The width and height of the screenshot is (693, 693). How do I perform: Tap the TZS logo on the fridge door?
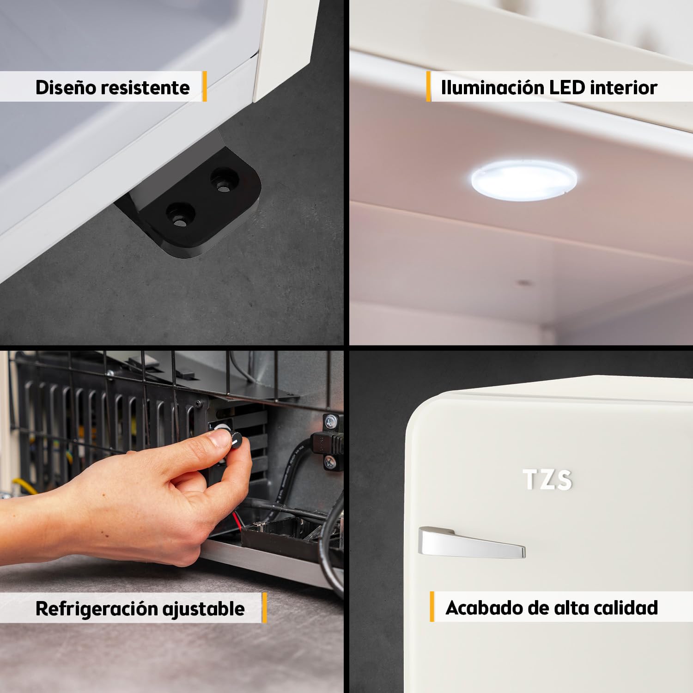point(547,480)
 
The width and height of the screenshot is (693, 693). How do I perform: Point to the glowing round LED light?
point(524,180)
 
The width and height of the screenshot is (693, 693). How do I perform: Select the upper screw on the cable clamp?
point(331,421)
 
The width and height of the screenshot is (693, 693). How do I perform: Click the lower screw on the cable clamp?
point(331,461)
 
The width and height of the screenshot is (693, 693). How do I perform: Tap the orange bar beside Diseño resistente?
point(204,86)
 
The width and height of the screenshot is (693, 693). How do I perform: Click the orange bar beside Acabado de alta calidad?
point(432,606)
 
